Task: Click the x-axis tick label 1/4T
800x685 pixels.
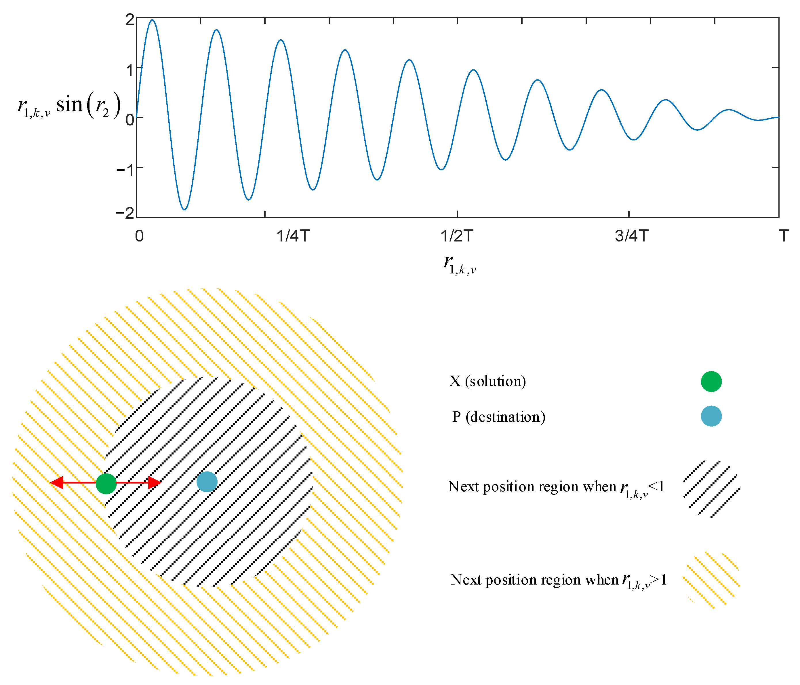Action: (x=293, y=236)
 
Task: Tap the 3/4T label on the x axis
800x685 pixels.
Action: (x=631, y=236)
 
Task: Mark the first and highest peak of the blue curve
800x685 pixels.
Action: (x=153, y=20)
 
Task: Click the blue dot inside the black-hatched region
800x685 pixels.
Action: (x=207, y=482)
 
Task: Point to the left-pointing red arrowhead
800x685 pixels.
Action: (x=56, y=482)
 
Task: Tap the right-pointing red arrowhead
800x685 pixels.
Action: (x=155, y=482)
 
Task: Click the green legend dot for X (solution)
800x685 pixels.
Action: (x=711, y=382)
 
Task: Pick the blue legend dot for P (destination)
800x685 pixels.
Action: (x=711, y=416)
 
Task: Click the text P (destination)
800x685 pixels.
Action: (x=499, y=417)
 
